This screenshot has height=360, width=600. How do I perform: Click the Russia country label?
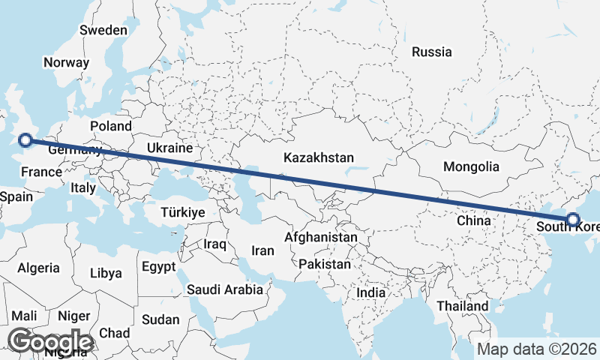(432, 52)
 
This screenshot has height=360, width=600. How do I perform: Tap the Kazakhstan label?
(318, 157)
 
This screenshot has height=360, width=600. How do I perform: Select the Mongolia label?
(471, 166)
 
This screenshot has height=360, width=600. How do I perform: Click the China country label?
(474, 220)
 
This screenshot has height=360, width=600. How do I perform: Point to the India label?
(371, 292)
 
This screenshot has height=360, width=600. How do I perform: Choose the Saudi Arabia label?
(225, 289)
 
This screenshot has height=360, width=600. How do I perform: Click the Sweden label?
(103, 31)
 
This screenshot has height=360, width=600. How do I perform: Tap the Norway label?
(66, 63)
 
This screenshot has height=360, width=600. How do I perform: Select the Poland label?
(110, 126)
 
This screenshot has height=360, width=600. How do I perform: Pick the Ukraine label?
(169, 148)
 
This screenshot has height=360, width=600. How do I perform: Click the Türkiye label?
(182, 213)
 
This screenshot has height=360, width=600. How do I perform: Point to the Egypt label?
(158, 266)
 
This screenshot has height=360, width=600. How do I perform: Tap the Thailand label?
(463, 306)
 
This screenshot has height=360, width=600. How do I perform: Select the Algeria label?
(38, 268)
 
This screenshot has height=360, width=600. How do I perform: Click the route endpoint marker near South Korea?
(573, 220)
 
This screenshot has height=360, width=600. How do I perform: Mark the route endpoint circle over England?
(25, 139)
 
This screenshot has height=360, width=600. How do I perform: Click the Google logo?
(50, 341)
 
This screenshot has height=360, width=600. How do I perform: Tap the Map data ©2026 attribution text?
(537, 349)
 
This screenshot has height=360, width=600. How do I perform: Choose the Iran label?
(262, 251)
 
